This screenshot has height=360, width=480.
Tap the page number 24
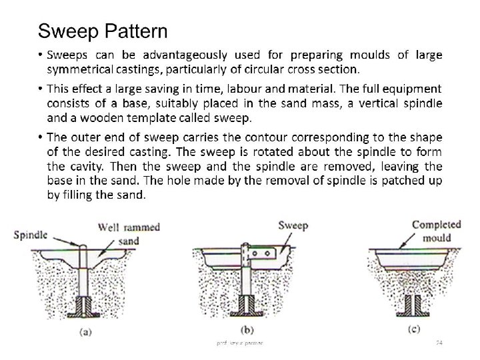[439, 342]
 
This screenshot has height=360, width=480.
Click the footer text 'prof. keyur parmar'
[239, 342]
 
